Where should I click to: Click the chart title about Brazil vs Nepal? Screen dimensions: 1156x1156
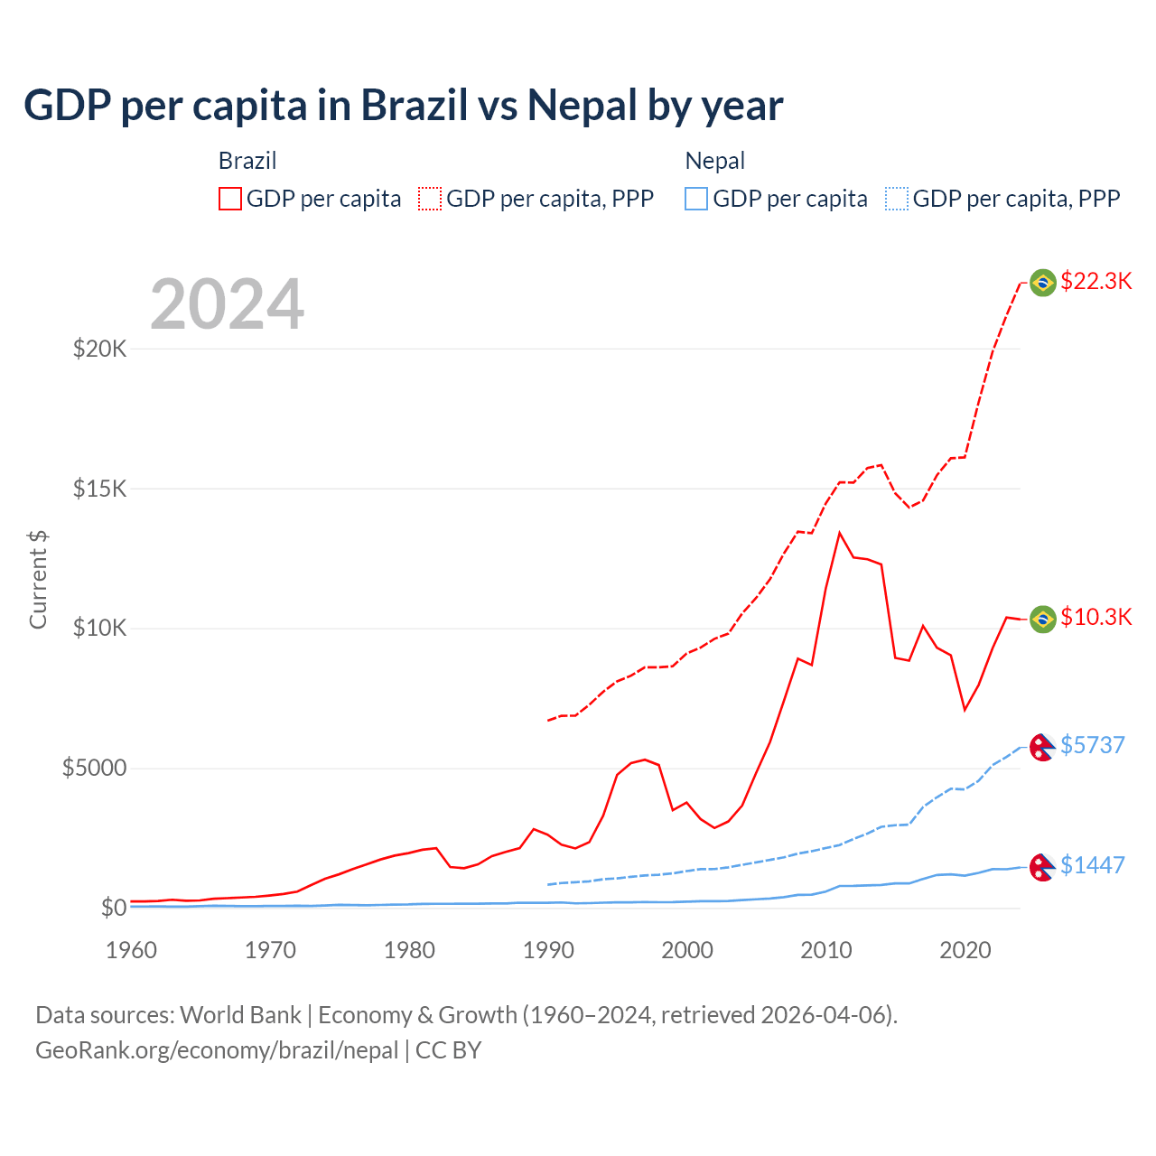pos(403,106)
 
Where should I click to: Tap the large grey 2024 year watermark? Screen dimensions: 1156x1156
pos(227,304)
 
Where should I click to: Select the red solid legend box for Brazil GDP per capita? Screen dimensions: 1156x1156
pos(230,199)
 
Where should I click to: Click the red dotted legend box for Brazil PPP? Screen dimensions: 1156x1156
pos(430,199)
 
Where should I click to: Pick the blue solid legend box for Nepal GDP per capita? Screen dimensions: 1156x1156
pos(696,199)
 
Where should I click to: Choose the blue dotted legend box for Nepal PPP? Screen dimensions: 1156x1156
pos(897,199)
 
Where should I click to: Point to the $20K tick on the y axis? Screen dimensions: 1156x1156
pos(99,349)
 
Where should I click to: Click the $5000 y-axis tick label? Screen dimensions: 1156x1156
pos(94,769)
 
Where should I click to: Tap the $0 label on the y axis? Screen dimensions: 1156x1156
pos(113,908)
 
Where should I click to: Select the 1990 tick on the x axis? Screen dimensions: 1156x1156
pos(548,950)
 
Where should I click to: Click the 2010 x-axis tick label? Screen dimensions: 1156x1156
pos(826,950)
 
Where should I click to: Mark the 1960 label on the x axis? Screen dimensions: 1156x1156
pos(132,950)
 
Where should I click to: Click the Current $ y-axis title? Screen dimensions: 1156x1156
pos(38,580)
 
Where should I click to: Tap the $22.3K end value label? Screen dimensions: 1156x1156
pos(1095,282)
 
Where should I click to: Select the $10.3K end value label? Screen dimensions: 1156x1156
pos(1095,618)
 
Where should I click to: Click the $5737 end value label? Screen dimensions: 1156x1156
pos(1092,745)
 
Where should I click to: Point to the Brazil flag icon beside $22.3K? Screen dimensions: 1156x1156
pos(1043,283)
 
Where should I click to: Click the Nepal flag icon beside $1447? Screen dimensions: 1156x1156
pos(1043,867)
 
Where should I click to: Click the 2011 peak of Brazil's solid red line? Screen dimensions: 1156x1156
pos(840,533)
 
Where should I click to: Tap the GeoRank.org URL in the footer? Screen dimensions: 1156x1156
pos(217,1050)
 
